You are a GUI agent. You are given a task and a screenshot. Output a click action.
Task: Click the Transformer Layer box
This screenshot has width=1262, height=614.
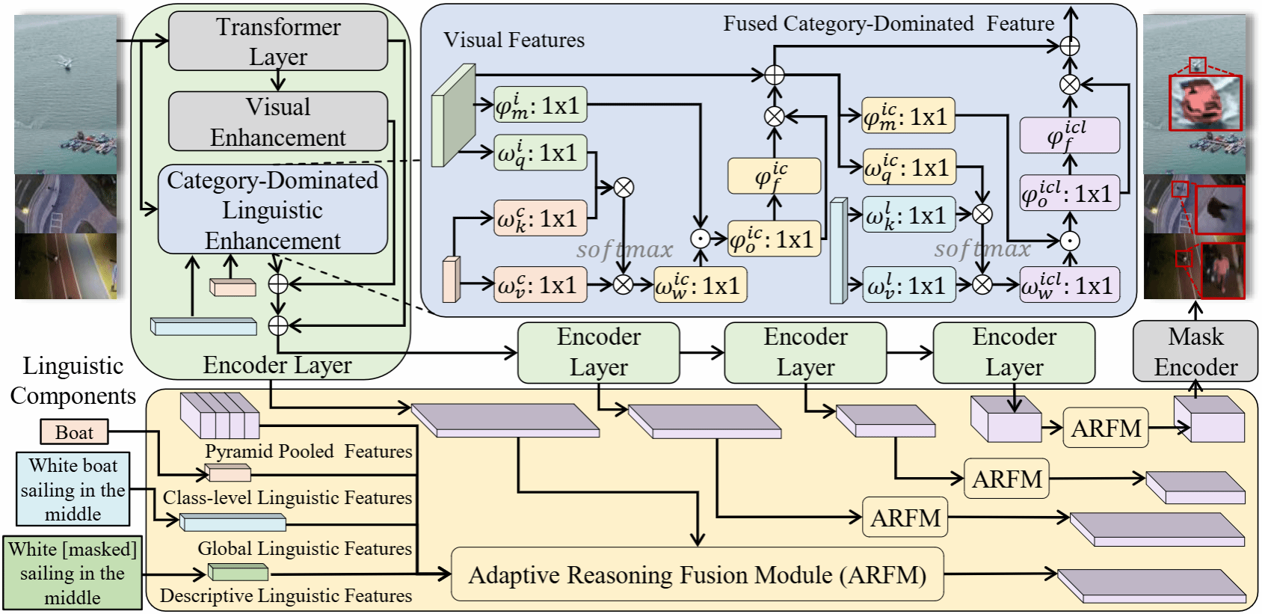[x=278, y=41]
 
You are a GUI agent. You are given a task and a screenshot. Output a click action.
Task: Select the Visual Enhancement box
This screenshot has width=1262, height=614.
[x=278, y=121]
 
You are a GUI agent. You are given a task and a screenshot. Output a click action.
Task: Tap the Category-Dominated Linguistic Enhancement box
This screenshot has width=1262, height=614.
[x=273, y=209]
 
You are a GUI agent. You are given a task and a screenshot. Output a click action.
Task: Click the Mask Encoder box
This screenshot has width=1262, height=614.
[x=1195, y=351]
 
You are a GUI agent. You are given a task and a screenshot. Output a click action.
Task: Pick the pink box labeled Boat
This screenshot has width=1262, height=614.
[x=74, y=432]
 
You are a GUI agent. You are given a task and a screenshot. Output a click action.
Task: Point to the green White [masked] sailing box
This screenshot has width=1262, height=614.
[x=73, y=573]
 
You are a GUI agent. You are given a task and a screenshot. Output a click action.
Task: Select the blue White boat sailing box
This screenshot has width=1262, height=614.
[x=73, y=489]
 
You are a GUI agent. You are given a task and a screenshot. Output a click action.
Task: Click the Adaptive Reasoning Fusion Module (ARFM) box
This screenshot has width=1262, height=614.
[x=697, y=574]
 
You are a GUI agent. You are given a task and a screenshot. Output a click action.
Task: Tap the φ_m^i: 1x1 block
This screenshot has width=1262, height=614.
[x=540, y=105]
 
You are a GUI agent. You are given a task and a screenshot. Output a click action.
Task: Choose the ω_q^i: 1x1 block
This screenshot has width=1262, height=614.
[x=540, y=153]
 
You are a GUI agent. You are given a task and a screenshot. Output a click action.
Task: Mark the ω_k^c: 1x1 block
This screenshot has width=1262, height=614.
[x=540, y=218]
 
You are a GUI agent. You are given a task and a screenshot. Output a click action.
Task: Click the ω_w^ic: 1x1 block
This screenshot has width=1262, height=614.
[x=700, y=286]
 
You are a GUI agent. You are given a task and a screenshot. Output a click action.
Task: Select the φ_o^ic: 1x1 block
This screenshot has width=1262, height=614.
[x=774, y=239]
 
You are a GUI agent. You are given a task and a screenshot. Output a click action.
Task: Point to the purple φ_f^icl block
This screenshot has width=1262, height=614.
[x=1069, y=135]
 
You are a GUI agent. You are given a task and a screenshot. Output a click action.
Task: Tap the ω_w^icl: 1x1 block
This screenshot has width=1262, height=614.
[x=1069, y=286]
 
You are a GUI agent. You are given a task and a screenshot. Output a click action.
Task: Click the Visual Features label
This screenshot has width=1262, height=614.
[x=514, y=40]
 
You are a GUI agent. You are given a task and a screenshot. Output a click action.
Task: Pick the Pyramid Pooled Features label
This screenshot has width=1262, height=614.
[x=308, y=452]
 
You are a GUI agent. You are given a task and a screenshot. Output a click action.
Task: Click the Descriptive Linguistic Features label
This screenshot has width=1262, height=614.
[x=286, y=596]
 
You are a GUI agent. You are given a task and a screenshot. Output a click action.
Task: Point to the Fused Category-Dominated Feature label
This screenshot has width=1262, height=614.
[x=888, y=24]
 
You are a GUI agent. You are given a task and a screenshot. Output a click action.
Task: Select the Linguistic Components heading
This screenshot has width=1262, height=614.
[x=73, y=381]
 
